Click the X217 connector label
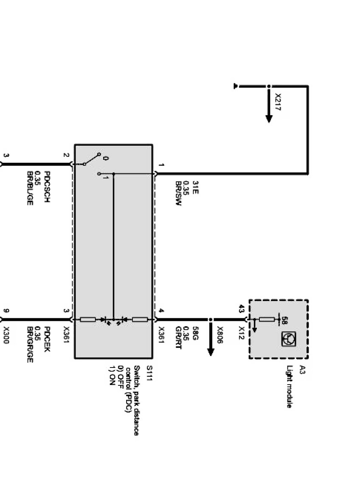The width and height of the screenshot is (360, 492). tap(278, 102)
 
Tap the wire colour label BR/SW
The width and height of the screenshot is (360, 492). tap(178, 194)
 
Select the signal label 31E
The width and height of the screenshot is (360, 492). tap(195, 187)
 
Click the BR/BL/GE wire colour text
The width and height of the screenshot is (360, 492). tap(30, 188)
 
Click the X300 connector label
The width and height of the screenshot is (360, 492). tap(6, 335)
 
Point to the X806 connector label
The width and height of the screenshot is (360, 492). tap(220, 335)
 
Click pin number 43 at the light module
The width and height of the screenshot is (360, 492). tap(242, 308)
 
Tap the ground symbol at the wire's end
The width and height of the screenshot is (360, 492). tap(236, 86)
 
